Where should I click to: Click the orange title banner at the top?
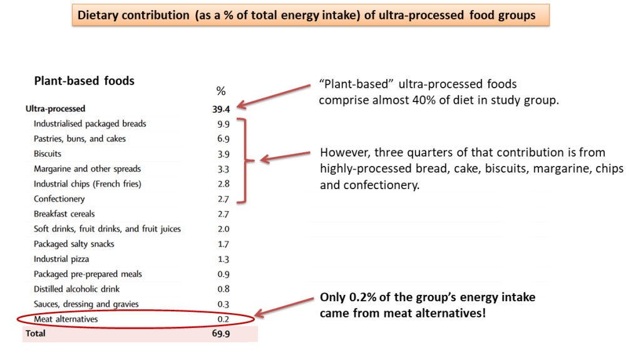(x=310, y=15)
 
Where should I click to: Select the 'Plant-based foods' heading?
(x=84, y=81)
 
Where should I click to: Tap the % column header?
(x=220, y=92)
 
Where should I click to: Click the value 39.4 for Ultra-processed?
(x=221, y=109)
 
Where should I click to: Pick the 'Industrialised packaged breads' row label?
(x=90, y=124)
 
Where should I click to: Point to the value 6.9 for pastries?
(x=222, y=139)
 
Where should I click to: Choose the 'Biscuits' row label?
(x=48, y=154)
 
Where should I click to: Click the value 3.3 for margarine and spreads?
(x=222, y=169)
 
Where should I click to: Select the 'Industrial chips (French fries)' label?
(x=88, y=184)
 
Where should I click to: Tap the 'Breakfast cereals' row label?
(x=64, y=214)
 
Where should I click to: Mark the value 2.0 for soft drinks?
(x=222, y=229)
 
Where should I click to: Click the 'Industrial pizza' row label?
(x=61, y=259)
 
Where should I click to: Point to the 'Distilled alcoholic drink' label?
(x=77, y=289)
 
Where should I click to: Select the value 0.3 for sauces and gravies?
(x=222, y=304)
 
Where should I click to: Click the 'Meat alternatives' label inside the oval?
(x=66, y=319)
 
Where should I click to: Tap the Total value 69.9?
(x=221, y=334)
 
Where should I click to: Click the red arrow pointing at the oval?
(x=285, y=309)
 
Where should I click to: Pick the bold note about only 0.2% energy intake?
(x=428, y=305)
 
